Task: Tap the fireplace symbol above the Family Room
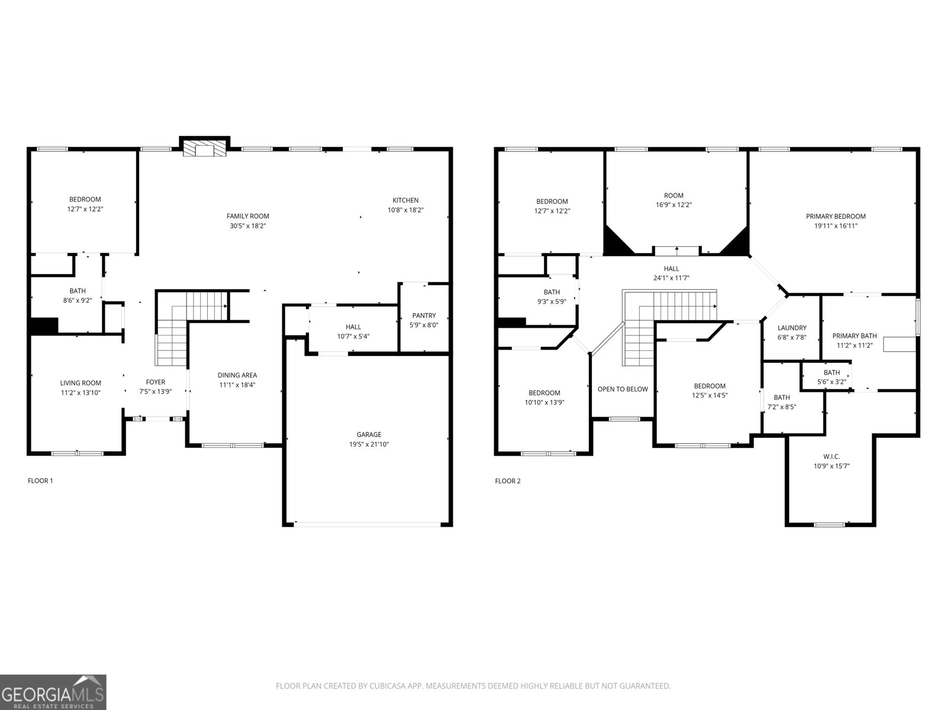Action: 205,149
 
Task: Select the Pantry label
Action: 424,316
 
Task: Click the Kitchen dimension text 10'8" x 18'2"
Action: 405,210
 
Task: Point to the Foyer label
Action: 156,382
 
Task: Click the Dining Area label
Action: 237,375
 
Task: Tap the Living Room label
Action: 80,383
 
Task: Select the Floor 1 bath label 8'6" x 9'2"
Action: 78,300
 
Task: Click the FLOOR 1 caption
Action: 40,481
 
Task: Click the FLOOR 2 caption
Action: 507,481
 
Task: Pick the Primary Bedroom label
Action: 835,217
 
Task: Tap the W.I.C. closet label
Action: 831,457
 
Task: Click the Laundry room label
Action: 792,328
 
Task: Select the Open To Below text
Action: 623,389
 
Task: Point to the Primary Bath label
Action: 854,336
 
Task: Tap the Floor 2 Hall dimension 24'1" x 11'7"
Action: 671,278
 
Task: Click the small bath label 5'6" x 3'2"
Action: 832,382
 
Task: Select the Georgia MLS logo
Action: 53,692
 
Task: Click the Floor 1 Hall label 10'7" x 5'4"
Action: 353,327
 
